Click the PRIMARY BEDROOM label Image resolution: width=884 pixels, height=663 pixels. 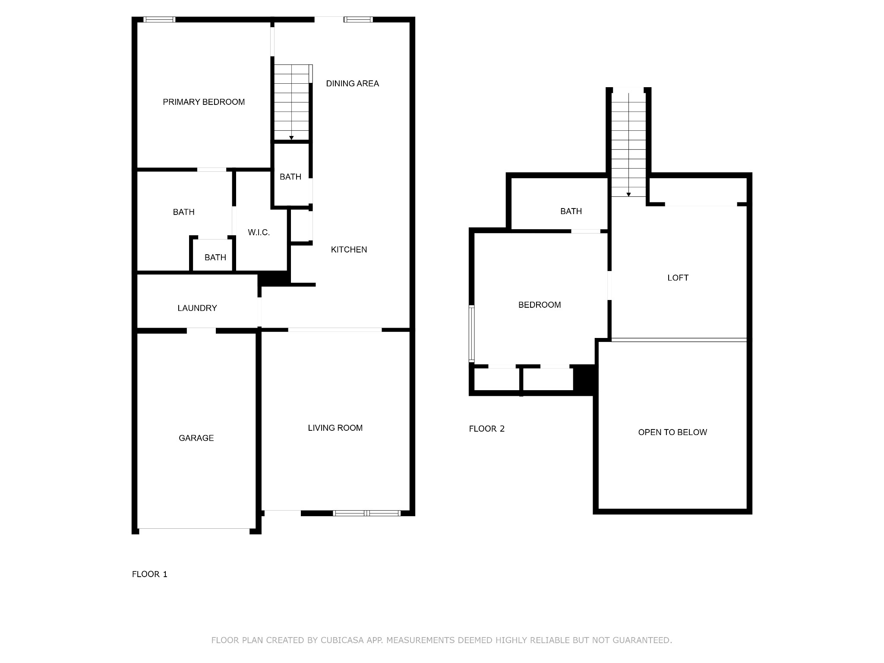click(x=204, y=102)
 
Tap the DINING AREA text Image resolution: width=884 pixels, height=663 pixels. click(x=352, y=83)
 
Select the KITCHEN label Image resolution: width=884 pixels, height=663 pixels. click(x=349, y=249)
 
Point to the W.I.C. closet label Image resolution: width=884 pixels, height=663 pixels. click(x=259, y=232)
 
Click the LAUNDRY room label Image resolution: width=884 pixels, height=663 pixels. click(x=197, y=308)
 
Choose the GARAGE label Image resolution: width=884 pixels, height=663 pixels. click(x=196, y=438)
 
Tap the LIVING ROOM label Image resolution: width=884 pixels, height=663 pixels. click(x=335, y=428)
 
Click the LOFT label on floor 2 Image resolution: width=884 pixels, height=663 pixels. click(x=678, y=278)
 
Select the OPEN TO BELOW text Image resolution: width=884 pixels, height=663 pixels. click(x=672, y=432)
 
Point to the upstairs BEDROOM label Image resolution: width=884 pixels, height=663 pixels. click(x=540, y=305)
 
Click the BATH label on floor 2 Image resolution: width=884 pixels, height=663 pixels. click(x=571, y=211)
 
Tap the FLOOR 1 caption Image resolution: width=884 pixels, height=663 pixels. click(x=150, y=574)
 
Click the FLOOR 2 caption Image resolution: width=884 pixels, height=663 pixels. click(x=487, y=429)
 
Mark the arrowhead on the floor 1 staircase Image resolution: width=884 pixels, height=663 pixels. click(x=291, y=138)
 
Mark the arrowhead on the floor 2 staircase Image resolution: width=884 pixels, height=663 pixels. click(x=628, y=195)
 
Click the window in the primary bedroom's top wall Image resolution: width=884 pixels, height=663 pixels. click(x=159, y=19)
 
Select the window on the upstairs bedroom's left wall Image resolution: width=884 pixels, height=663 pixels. click(x=472, y=333)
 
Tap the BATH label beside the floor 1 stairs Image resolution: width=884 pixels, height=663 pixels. click(x=290, y=177)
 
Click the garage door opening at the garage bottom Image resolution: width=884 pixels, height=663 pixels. click(x=194, y=529)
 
